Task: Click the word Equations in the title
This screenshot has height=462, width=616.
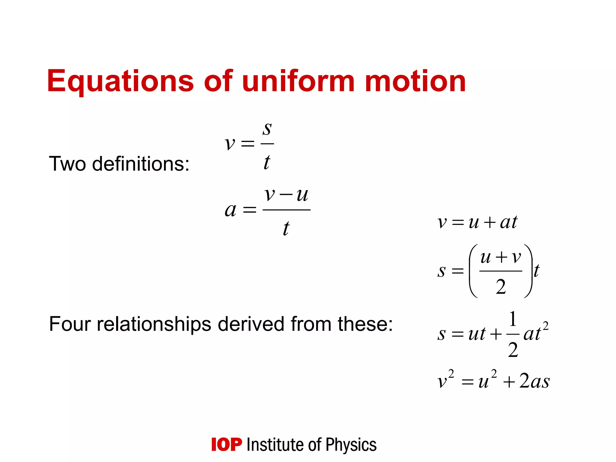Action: [x=120, y=81]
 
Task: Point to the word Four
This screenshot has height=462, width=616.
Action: [x=70, y=324]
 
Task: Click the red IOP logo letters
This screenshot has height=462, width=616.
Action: [x=226, y=445]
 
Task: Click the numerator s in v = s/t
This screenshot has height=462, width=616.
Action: [x=267, y=129]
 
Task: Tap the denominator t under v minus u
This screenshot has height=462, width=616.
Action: [x=286, y=229]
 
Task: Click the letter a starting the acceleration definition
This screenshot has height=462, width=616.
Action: [x=230, y=210]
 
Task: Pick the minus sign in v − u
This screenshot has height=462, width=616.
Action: [x=286, y=195]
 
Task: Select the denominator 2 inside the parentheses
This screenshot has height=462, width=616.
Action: [x=501, y=287]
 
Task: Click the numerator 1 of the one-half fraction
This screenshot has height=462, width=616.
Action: [x=513, y=319]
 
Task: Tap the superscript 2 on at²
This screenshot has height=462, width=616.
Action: [x=545, y=326]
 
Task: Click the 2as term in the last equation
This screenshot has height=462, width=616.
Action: [x=534, y=381]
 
